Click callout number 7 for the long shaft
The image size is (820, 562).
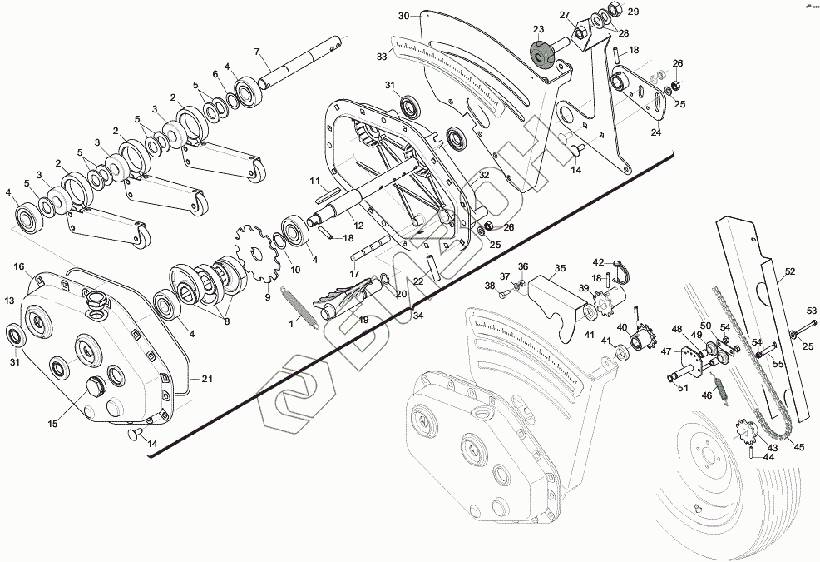(257, 51)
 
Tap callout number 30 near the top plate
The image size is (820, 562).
(403, 16)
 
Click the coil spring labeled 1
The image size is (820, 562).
(299, 306)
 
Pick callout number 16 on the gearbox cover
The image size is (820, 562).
(18, 266)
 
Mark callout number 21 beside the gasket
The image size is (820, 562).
(207, 379)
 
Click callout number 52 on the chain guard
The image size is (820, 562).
(789, 271)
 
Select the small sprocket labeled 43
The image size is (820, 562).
(746, 433)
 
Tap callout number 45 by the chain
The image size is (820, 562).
(799, 446)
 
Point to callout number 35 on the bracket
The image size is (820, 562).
(560, 269)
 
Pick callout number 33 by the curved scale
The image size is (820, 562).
(382, 57)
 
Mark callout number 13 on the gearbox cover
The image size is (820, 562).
(10, 300)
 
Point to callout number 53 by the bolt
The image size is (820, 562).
(813, 311)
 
